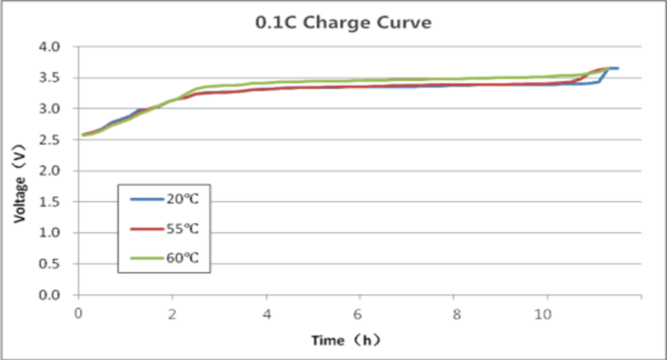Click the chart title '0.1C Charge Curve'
pyautogui.click(x=343, y=23)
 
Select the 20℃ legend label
pyautogui.click(x=184, y=199)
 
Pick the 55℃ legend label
pyautogui.click(x=184, y=228)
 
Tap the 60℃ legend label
pyautogui.click(x=184, y=258)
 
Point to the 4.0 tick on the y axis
pyautogui.click(x=59, y=47)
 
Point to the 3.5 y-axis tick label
pyautogui.click(x=59, y=78)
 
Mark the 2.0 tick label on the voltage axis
pyautogui.click(x=59, y=171)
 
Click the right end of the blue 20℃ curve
pyautogui.click(x=617, y=68)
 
